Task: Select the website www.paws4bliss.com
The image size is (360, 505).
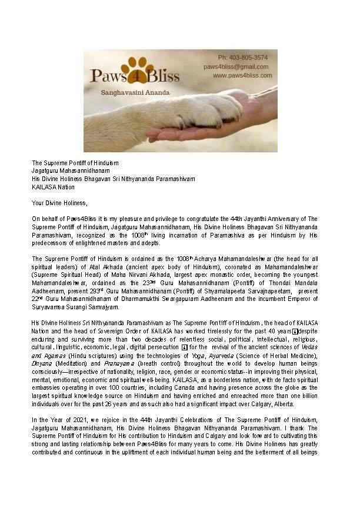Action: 242,75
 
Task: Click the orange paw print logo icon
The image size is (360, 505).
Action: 138,68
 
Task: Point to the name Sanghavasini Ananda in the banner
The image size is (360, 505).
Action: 136,91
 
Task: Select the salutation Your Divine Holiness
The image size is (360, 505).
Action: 59,203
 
